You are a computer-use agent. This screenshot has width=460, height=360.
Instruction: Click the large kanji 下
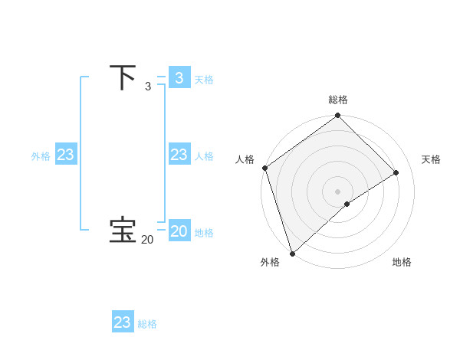coord(123,77)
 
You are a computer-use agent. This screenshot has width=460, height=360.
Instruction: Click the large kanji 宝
coord(123,230)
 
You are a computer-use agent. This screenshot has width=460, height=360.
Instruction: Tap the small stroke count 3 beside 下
coord(148,87)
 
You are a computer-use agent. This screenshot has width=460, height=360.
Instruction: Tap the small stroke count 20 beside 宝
coord(147,240)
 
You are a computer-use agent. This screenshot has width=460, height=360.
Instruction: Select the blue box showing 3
coord(179,78)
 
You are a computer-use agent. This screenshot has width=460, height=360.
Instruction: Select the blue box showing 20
coord(179,231)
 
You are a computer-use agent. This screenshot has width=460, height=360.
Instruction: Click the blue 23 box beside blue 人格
coord(179,155)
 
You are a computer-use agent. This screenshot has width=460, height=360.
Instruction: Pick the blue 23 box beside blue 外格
coord(65,155)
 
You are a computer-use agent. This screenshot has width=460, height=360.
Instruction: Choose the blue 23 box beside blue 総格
coord(122,322)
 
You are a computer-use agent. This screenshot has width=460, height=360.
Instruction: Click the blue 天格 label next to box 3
coord(204,80)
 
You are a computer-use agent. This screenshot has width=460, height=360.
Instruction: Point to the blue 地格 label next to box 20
coord(204,233)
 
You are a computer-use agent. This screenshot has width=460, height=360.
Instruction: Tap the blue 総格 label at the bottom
coord(147,324)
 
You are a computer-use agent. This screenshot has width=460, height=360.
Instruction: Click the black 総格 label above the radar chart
coord(338,100)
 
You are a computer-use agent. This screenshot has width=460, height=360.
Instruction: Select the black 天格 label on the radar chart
coord(432,159)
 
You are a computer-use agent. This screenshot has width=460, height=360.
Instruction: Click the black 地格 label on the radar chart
coord(402,262)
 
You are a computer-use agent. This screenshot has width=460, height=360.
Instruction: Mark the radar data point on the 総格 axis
coord(338,116)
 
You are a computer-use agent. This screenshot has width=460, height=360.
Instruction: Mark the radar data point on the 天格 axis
coord(396,172)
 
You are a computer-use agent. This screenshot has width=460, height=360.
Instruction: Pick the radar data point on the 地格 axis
coord(347,204)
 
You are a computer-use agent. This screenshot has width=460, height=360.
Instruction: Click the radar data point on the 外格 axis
coord(292,254)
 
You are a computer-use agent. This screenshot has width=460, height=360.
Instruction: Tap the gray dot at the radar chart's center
coord(338,191)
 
